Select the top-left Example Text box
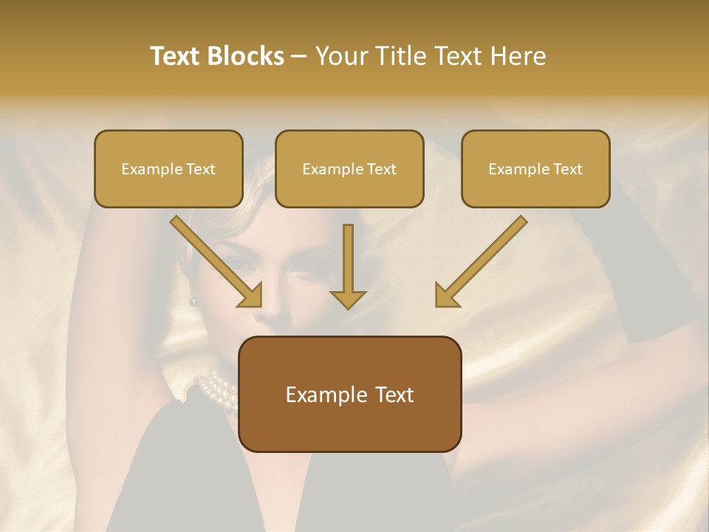pyautogui.click(x=168, y=168)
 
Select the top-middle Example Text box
pyautogui.click(x=349, y=168)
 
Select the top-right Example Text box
pyautogui.click(x=535, y=168)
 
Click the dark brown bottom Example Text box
pyautogui.click(x=350, y=394)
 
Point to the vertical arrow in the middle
pyautogui.click(x=348, y=262)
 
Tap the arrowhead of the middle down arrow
pyautogui.click(x=348, y=299)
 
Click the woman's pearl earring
pyautogui.click(x=194, y=301)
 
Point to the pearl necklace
pyautogui.click(x=216, y=387)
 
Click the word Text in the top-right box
pyautogui.click(x=567, y=169)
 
